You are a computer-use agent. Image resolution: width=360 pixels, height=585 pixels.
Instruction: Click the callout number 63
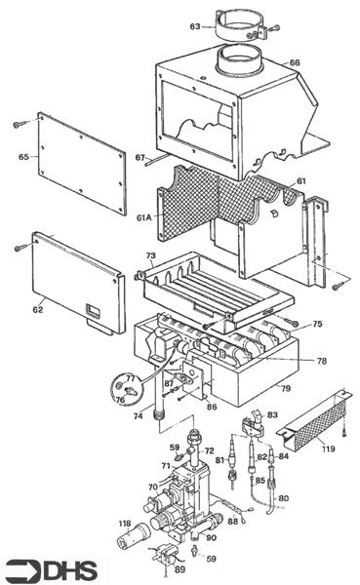click(195, 26)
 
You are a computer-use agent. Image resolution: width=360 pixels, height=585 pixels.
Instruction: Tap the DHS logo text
click(70, 571)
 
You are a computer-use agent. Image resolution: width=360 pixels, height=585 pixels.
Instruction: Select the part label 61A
click(144, 217)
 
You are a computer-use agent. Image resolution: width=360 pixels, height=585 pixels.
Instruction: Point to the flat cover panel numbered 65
click(82, 164)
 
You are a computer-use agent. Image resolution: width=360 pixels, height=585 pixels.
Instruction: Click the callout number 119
click(328, 448)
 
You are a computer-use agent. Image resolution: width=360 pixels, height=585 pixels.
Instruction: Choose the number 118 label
click(125, 524)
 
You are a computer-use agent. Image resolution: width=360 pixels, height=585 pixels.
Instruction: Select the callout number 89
click(180, 569)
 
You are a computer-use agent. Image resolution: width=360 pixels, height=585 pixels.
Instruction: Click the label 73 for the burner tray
click(150, 255)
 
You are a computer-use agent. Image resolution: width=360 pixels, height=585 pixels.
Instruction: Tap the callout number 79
click(286, 388)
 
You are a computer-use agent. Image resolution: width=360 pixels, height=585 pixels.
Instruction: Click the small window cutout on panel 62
click(93, 310)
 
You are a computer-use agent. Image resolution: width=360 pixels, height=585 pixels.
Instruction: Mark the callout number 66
click(295, 62)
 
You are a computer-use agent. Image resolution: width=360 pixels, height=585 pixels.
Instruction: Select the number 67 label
click(140, 158)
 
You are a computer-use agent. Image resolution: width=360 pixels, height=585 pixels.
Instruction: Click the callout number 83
click(272, 414)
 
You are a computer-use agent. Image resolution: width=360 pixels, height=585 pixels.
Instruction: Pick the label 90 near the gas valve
click(211, 537)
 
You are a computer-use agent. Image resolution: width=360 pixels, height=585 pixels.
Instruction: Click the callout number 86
click(212, 407)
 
